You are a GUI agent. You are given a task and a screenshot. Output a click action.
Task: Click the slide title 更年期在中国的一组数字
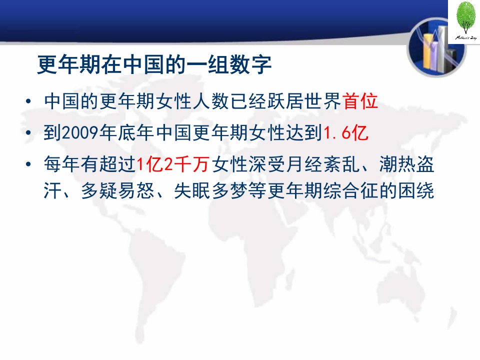[154, 65]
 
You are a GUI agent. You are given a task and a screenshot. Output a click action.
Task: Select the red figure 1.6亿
[346, 133]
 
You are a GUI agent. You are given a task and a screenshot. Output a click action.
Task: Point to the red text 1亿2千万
[173, 164]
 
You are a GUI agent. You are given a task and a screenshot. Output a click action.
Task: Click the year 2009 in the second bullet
[80, 133]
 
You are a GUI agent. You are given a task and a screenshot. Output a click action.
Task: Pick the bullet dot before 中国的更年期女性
[28, 101]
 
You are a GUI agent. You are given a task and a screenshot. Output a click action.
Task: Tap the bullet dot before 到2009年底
[28, 133]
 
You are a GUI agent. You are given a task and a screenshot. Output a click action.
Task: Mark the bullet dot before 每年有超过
[28, 164]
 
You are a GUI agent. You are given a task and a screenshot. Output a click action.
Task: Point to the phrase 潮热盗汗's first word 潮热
[397, 164]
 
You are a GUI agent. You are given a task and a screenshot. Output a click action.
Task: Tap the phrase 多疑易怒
[117, 190]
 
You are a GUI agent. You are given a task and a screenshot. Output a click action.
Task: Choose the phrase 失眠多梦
[210, 190]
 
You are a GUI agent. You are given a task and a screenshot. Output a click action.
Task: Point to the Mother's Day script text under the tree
[466, 38]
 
